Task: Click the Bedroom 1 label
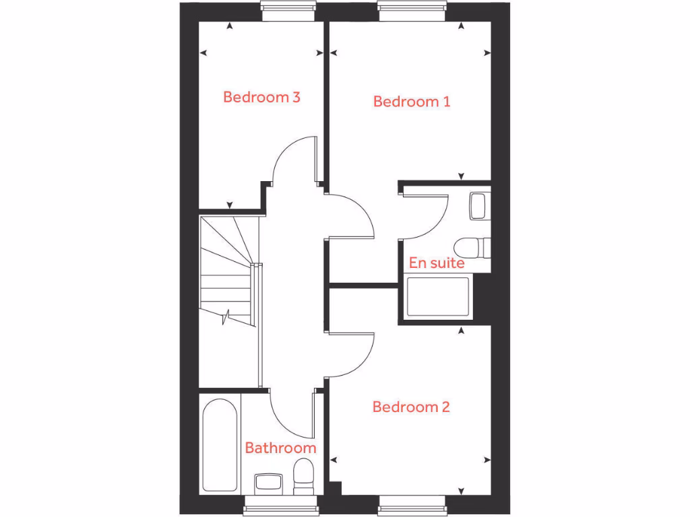pos(412,102)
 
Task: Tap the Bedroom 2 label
pos(411,407)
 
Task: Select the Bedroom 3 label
pos(261,97)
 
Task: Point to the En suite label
pos(437,263)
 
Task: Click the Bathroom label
pos(280,448)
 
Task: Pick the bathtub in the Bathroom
pos(219,444)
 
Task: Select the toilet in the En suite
pos(472,247)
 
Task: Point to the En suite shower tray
pos(438,297)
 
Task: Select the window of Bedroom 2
pos(412,506)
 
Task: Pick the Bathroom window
pos(280,506)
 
